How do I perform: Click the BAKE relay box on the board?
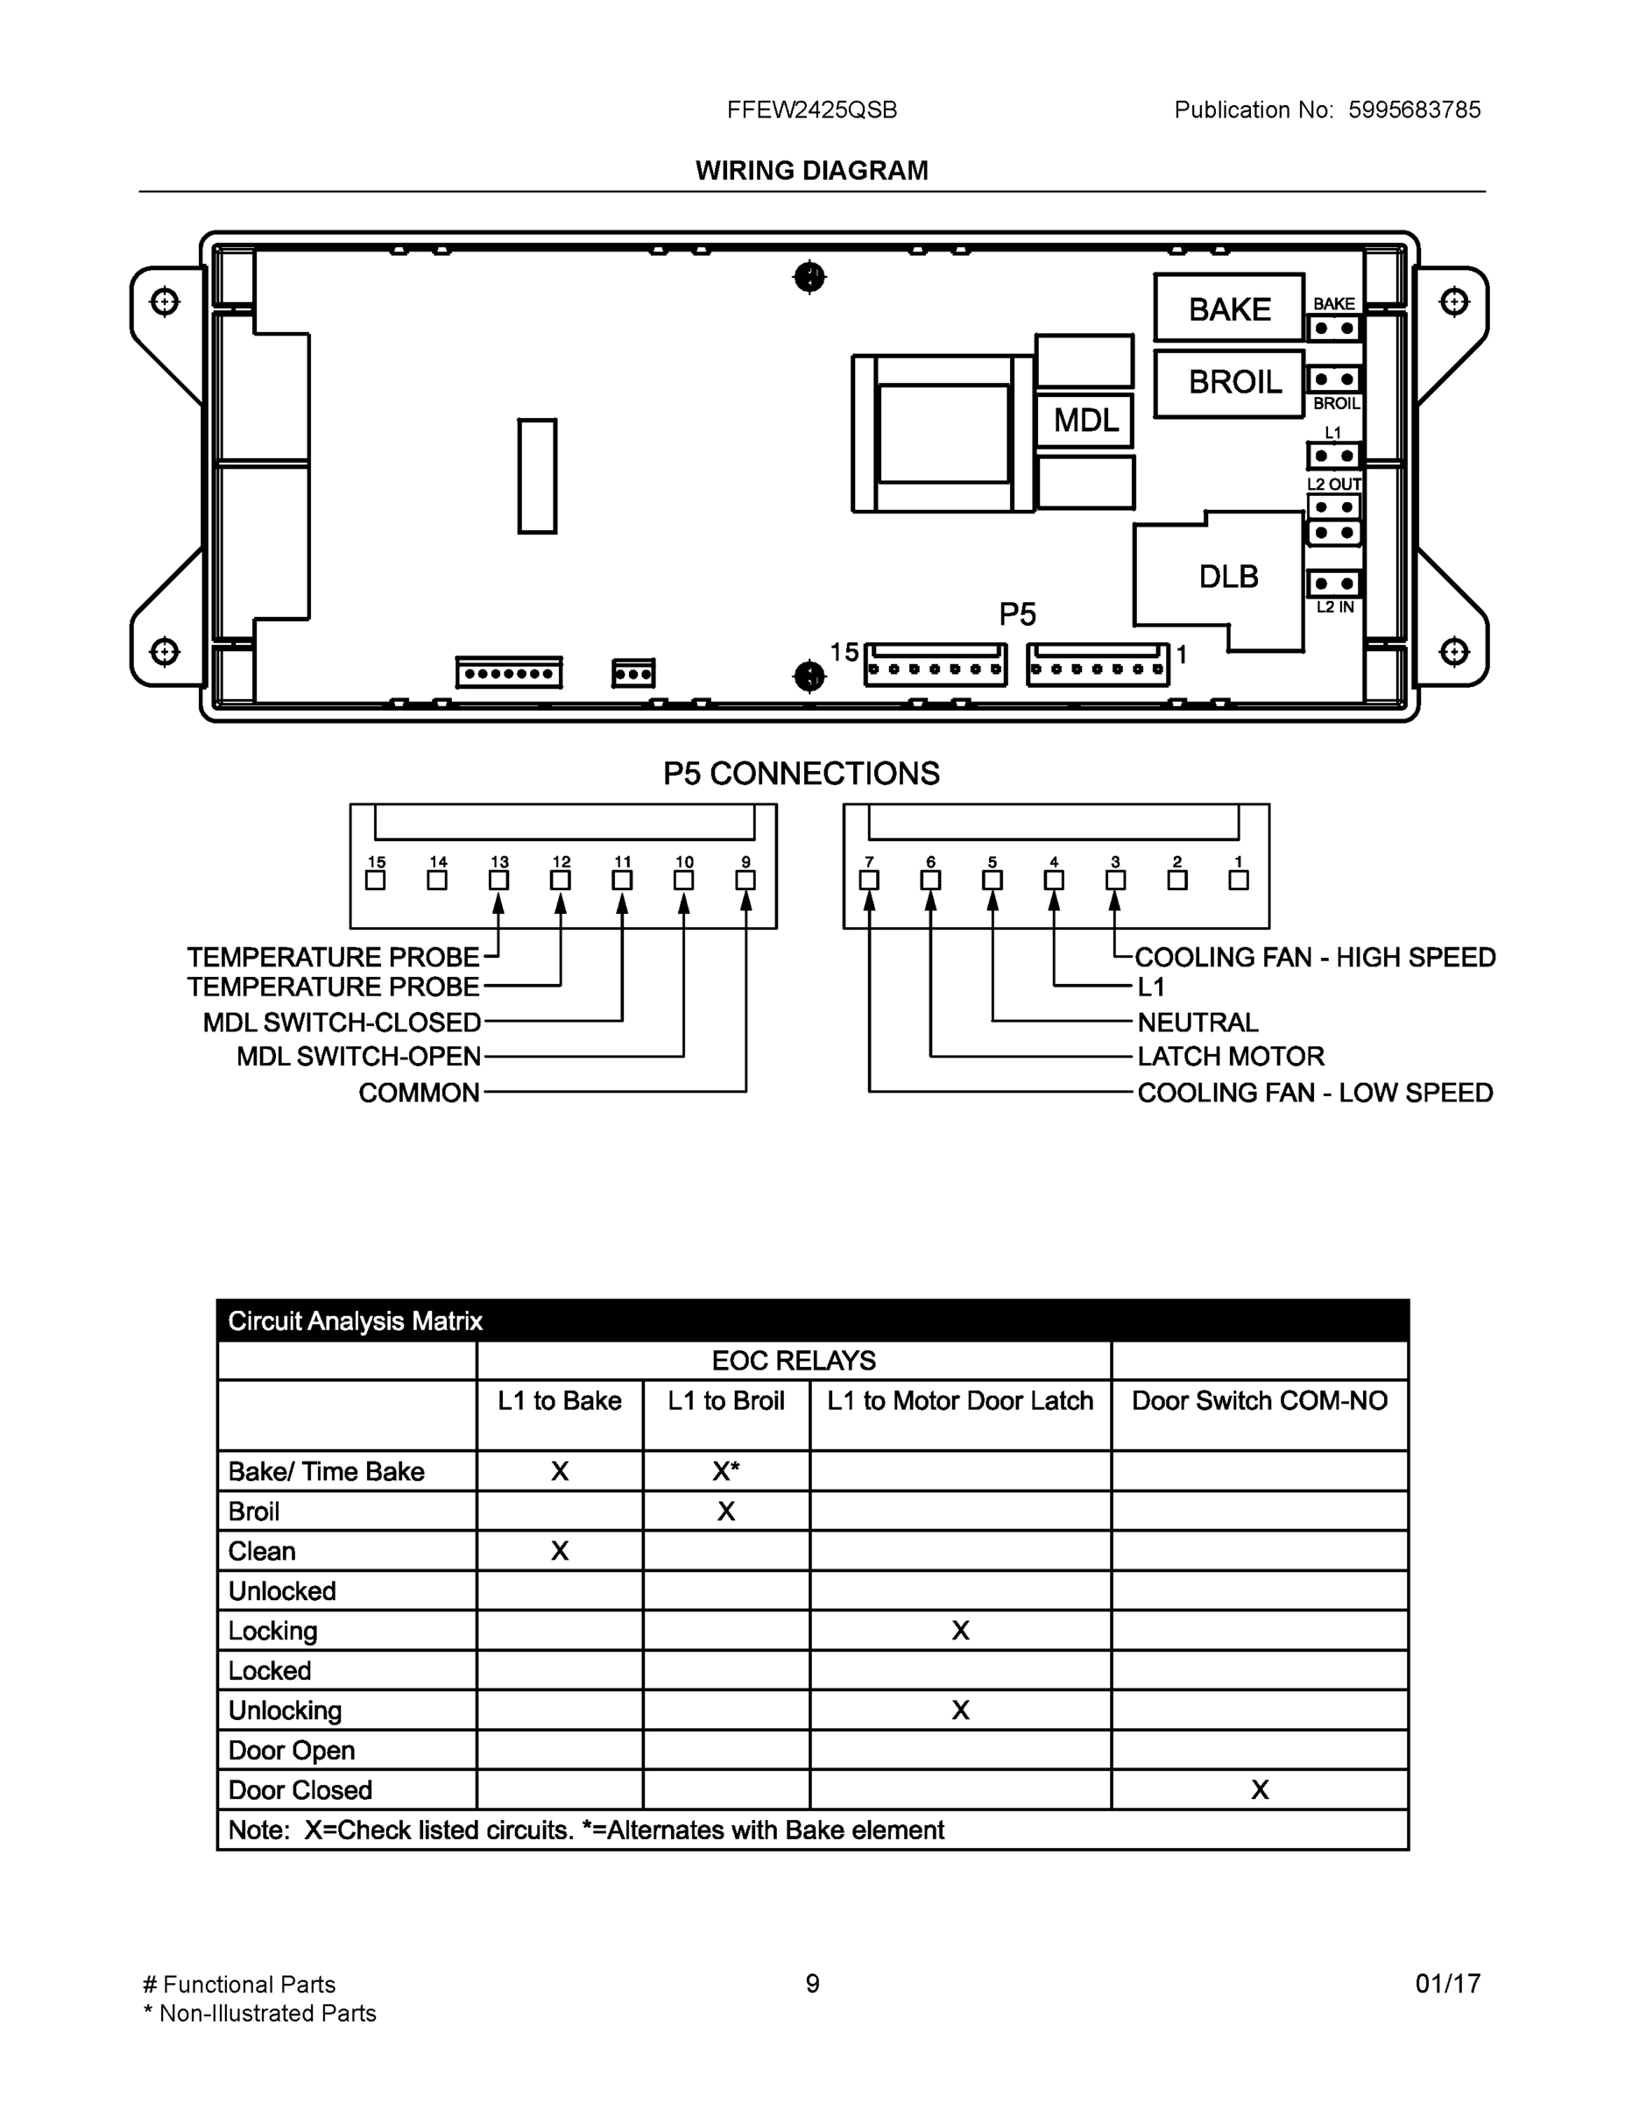pos(1229,308)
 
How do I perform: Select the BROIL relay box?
pos(1229,382)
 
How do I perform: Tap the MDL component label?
pos(1085,420)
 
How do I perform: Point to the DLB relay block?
pos(1227,577)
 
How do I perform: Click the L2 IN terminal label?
pos(1334,607)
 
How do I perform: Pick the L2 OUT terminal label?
pos(1333,485)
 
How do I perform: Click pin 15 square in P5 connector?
pos(376,880)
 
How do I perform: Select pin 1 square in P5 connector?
pos(1238,880)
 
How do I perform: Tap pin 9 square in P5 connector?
pos(745,880)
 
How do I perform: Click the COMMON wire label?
pos(419,1093)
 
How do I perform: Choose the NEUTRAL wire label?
pos(1198,1022)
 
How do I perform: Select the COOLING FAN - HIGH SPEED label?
pos(1315,957)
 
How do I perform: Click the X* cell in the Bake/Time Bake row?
pos(726,1471)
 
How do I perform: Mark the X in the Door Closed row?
pos(1259,1790)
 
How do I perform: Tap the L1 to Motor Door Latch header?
pos(960,1401)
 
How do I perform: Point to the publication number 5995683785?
pos(1413,110)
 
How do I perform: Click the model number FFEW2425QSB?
pos(811,110)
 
